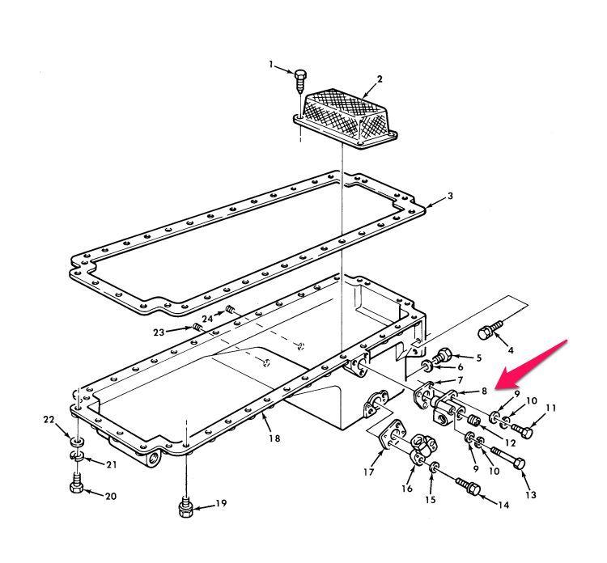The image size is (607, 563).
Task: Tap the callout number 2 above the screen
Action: click(379, 79)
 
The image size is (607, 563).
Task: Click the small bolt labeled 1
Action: click(299, 78)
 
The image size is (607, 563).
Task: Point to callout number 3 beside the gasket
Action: click(451, 197)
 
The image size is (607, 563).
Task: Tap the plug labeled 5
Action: click(444, 354)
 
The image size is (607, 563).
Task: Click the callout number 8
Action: click(483, 391)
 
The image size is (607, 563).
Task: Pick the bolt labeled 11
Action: click(520, 430)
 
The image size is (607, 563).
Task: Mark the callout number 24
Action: click(208, 318)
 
